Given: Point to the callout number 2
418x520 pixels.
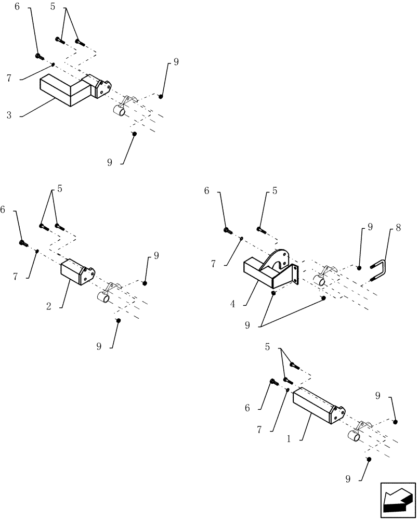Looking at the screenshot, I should pyautogui.click(x=48, y=307).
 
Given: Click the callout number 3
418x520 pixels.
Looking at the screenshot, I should pyautogui.click(x=9, y=115).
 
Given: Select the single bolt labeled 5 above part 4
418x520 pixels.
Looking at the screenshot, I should pyautogui.click(x=260, y=229).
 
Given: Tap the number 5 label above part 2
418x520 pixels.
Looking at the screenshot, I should pyautogui.click(x=60, y=189).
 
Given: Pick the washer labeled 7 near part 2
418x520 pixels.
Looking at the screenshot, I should pyautogui.click(x=37, y=251).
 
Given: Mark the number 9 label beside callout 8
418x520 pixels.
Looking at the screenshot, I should pyautogui.click(x=370, y=227).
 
